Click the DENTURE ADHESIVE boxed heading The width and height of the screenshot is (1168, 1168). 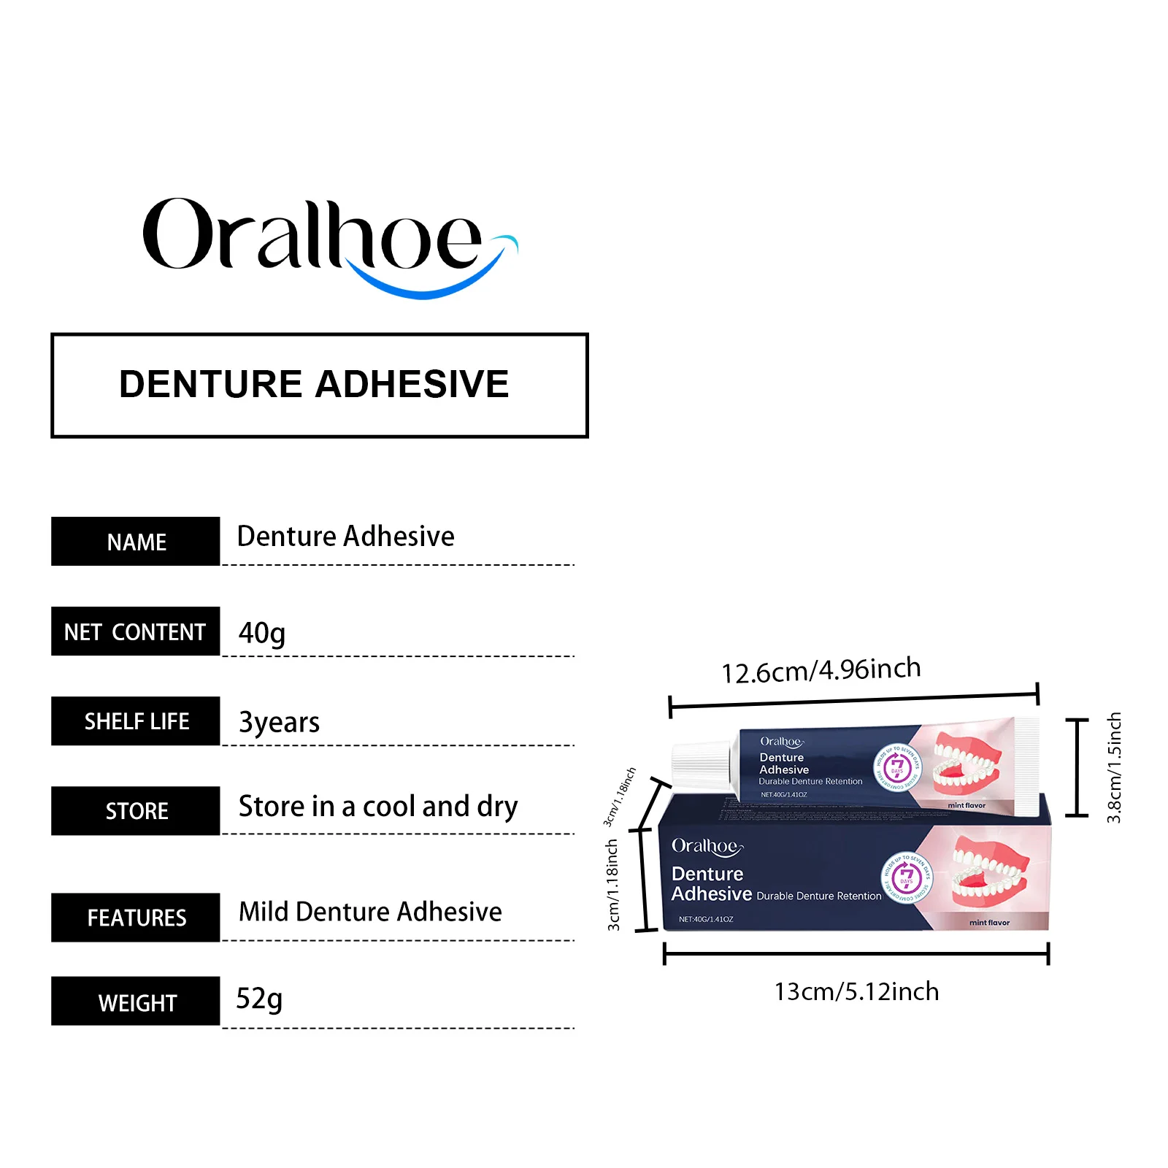coord(319,385)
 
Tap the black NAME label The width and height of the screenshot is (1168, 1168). coord(136,542)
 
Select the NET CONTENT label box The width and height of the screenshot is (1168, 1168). coord(136,631)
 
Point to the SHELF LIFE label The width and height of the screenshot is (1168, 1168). coord(136,721)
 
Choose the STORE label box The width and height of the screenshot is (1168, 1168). coord(136,811)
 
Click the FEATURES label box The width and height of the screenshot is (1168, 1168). coord(136,918)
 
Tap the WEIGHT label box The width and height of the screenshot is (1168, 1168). coord(136,1002)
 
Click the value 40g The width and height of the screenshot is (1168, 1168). coord(261,633)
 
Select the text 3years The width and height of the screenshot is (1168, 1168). coord(279,723)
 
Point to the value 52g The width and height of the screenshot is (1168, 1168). coord(258,998)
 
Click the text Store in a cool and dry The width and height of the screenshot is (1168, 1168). coord(378,807)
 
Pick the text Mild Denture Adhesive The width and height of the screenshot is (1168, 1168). coord(370,912)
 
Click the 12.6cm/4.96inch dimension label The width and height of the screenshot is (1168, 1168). coord(821,670)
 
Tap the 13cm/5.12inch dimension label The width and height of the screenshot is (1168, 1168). coord(856,991)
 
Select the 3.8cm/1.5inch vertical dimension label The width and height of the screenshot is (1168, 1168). coord(1113,767)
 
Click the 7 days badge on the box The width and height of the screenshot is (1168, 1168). coord(907,876)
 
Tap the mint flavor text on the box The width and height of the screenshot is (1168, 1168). coord(989,923)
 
